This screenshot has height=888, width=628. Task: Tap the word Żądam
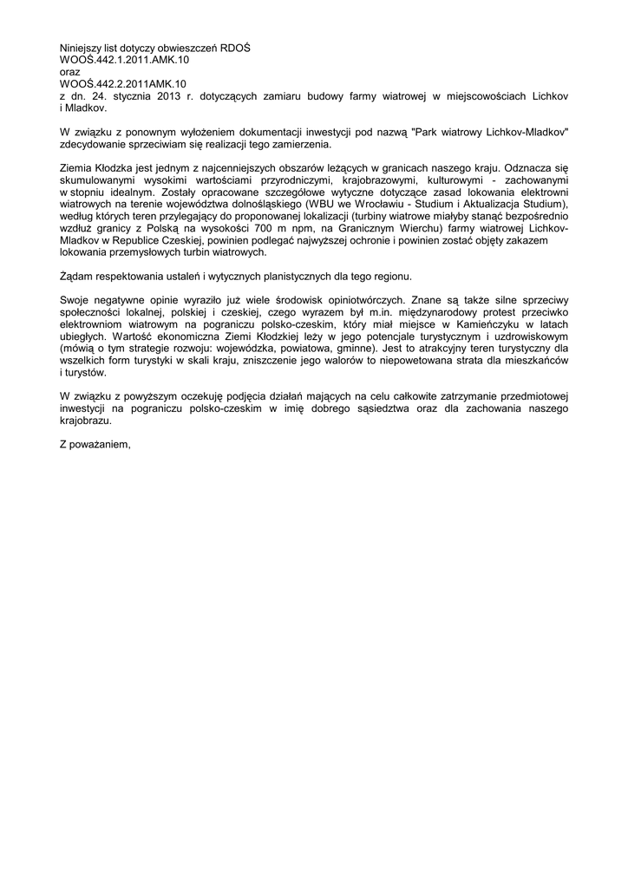click(x=78, y=276)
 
